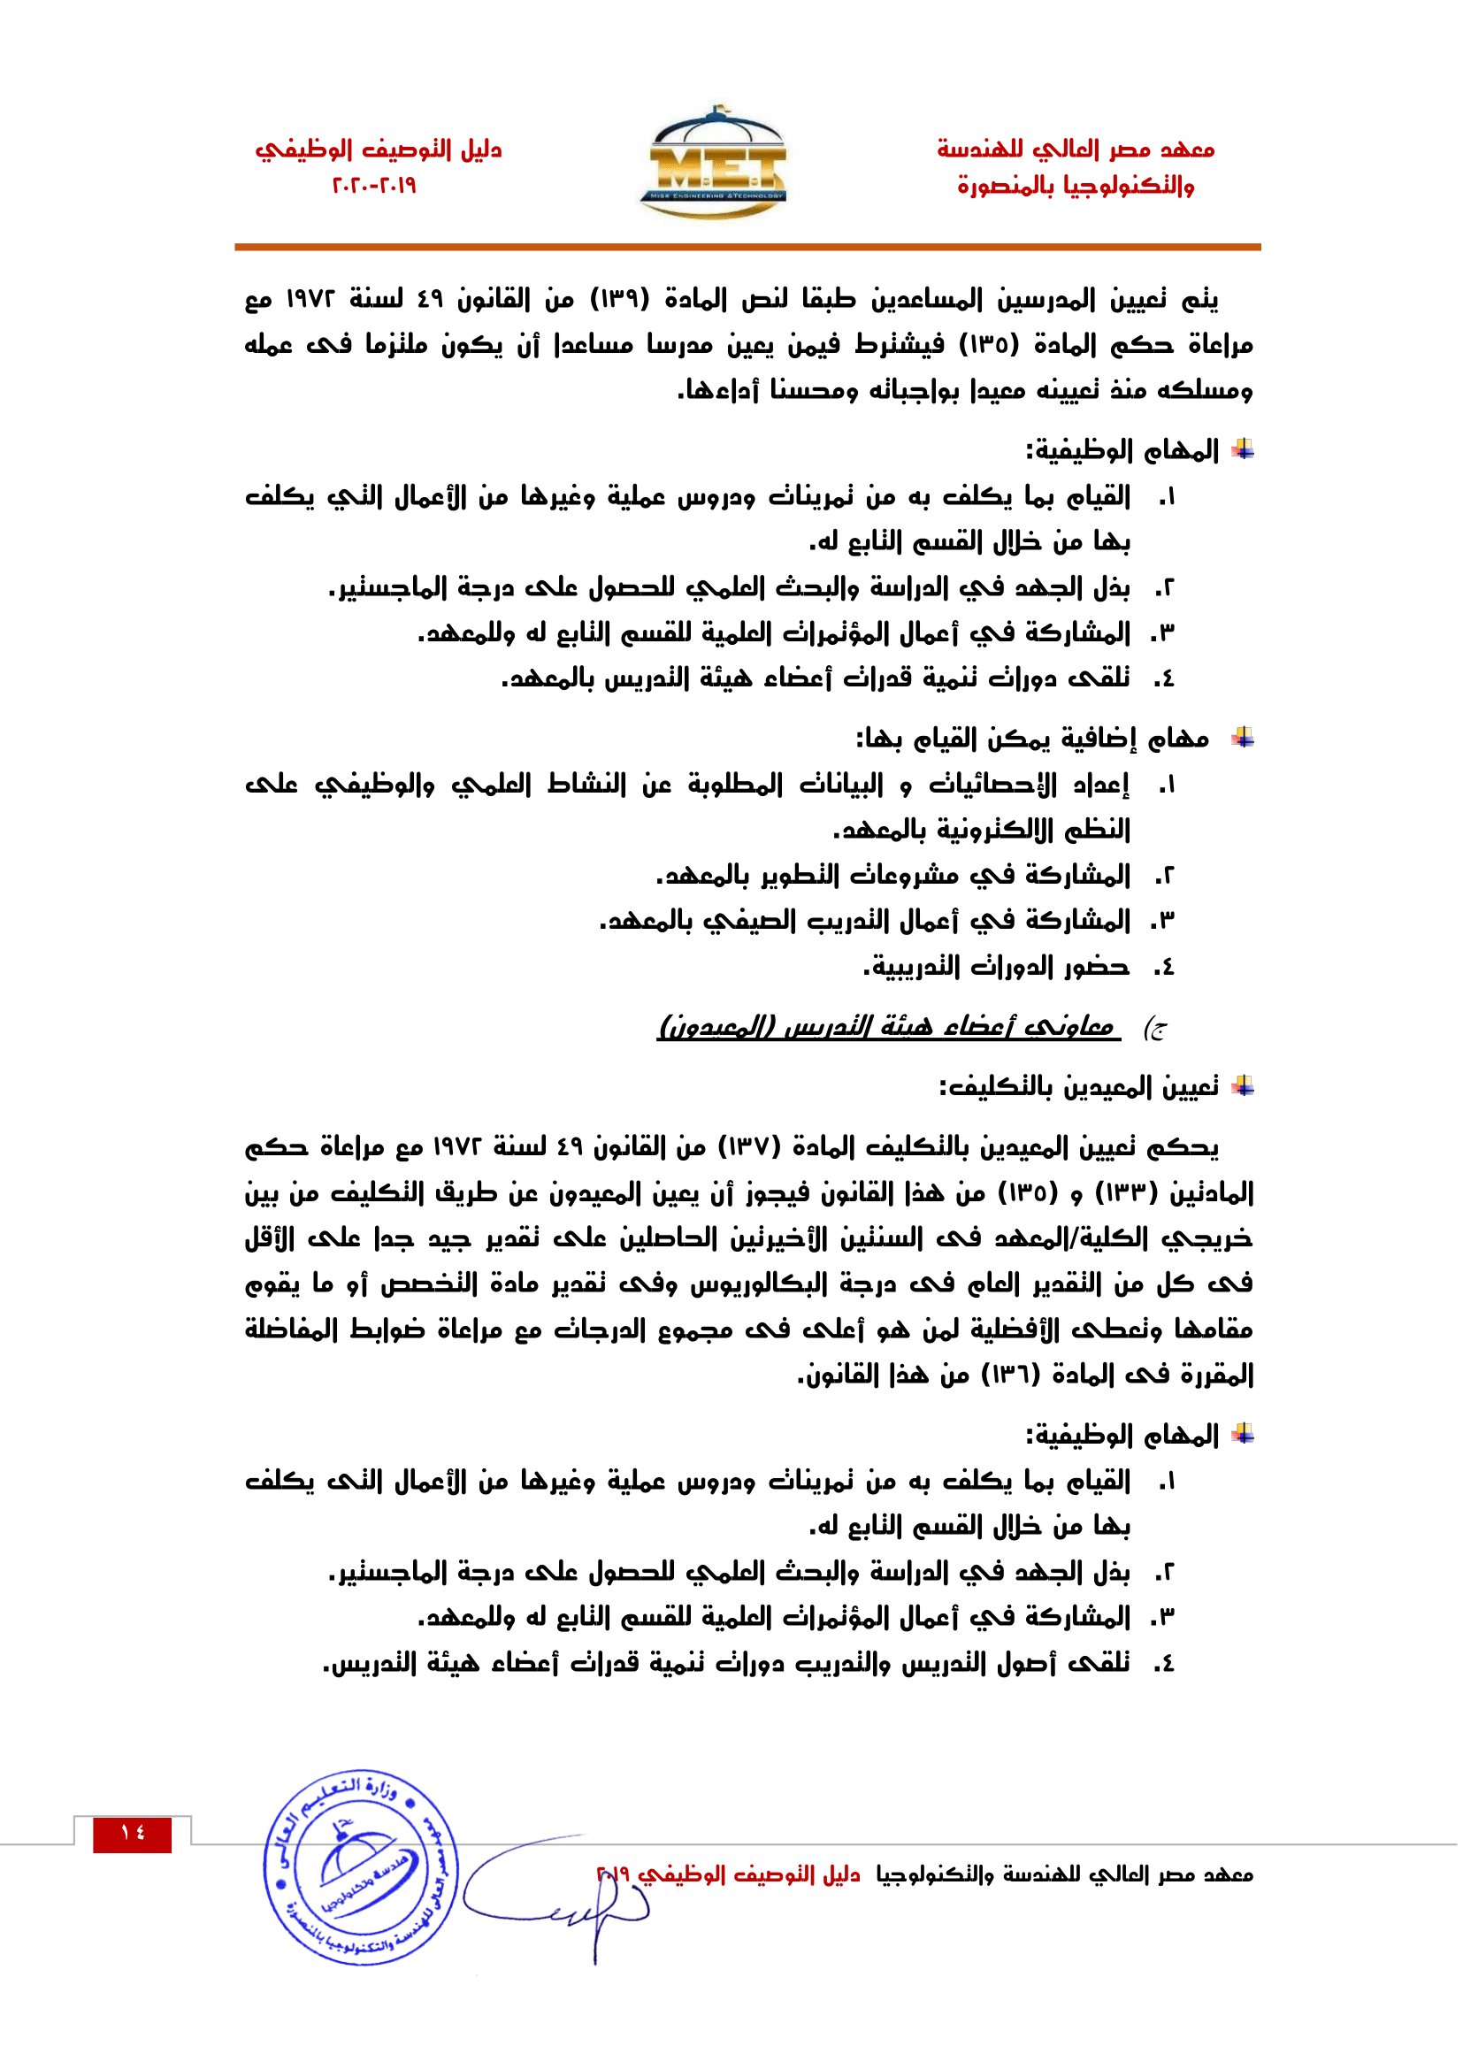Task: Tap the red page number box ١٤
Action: (133, 1834)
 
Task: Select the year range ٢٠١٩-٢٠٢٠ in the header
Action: (375, 187)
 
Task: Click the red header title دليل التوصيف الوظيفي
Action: (379, 149)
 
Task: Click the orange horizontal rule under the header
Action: (747, 246)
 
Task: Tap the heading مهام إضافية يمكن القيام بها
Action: (1032, 739)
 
